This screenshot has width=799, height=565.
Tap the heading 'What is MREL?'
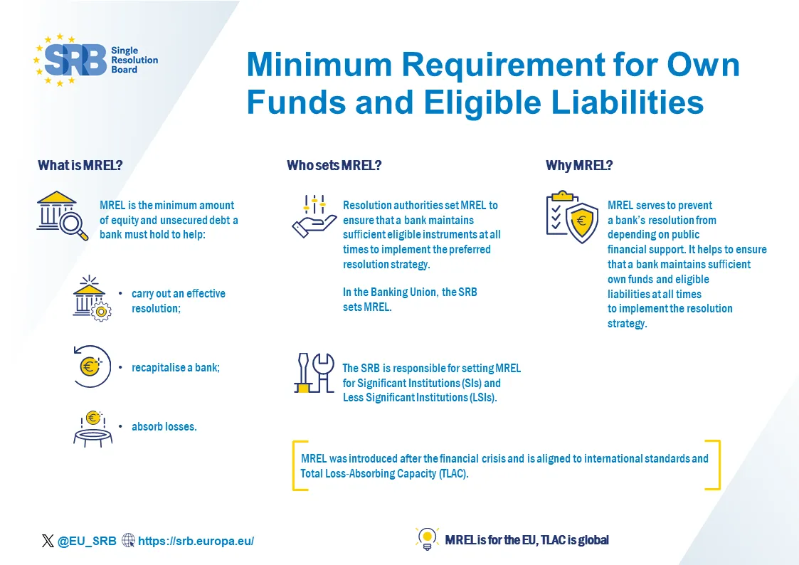click(x=80, y=165)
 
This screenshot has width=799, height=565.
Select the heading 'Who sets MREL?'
click(x=334, y=165)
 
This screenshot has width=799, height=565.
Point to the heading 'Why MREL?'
click(x=579, y=165)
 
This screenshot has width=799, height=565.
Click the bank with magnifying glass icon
click(x=62, y=216)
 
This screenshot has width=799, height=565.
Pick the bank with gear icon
click(x=92, y=299)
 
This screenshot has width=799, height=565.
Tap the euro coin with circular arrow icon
click(x=92, y=366)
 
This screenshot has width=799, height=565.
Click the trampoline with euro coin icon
click(x=92, y=429)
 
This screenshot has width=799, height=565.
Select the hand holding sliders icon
click(x=314, y=216)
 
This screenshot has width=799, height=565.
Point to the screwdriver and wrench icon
click(x=314, y=373)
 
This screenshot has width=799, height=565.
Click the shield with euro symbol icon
click(x=572, y=217)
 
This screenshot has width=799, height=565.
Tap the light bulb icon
click(x=427, y=539)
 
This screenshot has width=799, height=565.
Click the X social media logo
click(x=48, y=541)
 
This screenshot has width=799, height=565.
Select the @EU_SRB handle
click(x=87, y=541)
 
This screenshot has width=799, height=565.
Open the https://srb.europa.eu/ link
click(x=196, y=541)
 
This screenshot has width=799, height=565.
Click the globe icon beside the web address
click(x=128, y=540)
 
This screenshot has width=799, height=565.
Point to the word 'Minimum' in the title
click(x=319, y=65)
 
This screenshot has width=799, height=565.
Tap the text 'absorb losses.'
click(x=164, y=426)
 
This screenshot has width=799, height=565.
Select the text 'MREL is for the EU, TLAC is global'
click(x=527, y=540)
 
